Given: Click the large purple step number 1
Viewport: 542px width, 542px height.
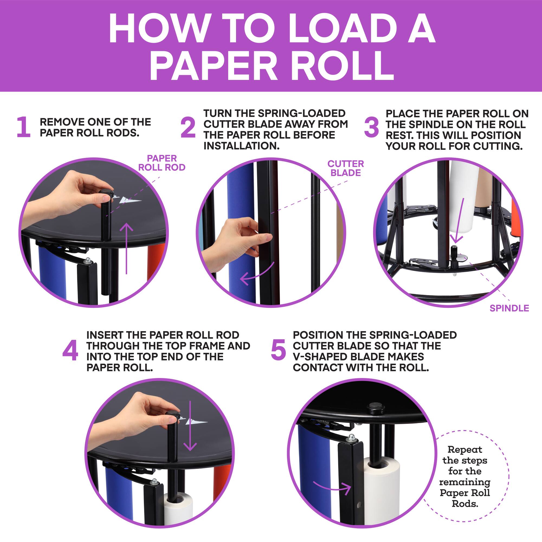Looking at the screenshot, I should [24, 127].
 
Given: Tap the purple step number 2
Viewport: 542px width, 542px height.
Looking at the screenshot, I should [188, 128].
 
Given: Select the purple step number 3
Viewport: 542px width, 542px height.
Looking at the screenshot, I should [371, 128].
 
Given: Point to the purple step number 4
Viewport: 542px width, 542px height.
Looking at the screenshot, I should [70, 351].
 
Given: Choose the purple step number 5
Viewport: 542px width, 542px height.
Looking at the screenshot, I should [278, 350].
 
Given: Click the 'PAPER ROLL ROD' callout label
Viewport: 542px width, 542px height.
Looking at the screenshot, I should [162, 163].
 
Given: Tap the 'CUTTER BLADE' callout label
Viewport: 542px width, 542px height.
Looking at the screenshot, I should [346, 168].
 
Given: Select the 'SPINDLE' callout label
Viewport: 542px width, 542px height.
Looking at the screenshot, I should [509, 308].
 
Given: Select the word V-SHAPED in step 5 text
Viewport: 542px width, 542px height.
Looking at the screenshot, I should [318, 357].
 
